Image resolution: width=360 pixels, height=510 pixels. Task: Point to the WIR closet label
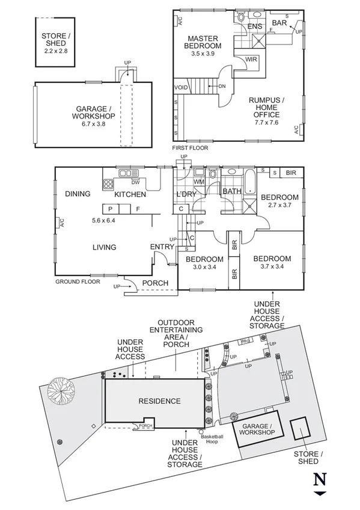point(252,59)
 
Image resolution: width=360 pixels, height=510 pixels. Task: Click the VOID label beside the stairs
point(182,88)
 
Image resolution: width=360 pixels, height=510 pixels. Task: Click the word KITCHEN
point(130,194)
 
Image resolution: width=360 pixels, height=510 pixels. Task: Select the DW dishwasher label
point(136,182)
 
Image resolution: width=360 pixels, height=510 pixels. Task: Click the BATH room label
point(232,192)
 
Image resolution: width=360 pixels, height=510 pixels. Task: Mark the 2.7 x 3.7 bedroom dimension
point(279,206)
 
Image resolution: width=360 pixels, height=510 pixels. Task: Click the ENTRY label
point(162,247)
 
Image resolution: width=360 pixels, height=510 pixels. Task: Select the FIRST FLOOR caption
point(188,147)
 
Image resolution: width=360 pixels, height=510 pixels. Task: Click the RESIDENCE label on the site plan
point(159,401)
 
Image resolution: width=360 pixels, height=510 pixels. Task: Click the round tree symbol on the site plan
point(62,390)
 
